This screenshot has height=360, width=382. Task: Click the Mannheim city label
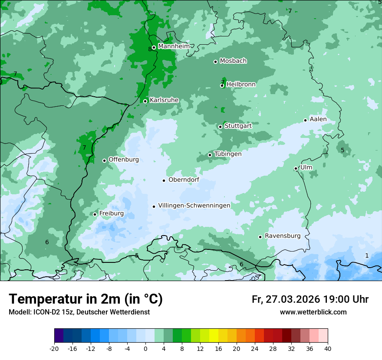pyautogui.click(x=174, y=46)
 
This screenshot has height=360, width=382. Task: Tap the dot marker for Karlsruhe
pyautogui.click(x=145, y=101)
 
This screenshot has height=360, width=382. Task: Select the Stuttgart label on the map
pyautogui.click(x=238, y=126)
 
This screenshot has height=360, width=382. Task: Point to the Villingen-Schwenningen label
pyautogui.click(x=194, y=206)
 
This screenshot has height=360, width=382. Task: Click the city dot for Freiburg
pyautogui.click(x=95, y=214)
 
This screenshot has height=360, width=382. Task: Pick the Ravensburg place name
pyautogui.click(x=282, y=236)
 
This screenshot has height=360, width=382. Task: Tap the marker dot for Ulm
pyautogui.click(x=296, y=168)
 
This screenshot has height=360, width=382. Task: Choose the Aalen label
pyautogui.click(x=318, y=119)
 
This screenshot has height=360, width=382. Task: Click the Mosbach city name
pyautogui.click(x=233, y=61)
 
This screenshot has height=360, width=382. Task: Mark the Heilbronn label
pyautogui.click(x=241, y=85)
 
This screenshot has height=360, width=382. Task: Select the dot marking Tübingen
pyautogui.click(x=210, y=155)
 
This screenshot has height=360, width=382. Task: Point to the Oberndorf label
pyautogui.click(x=184, y=180)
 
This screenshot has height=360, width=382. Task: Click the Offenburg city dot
pyautogui.click(x=104, y=160)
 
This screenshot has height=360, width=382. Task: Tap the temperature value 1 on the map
pyautogui.click(x=367, y=255)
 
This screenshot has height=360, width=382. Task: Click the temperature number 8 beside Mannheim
pyautogui.click(x=150, y=49)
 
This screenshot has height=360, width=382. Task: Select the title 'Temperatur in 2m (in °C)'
pyautogui.click(x=86, y=299)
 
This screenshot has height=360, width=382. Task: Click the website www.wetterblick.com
pyautogui.click(x=313, y=312)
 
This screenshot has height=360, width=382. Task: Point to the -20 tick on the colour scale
pyautogui.click(x=54, y=348)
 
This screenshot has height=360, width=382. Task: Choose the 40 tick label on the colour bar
pyautogui.click(x=328, y=348)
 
